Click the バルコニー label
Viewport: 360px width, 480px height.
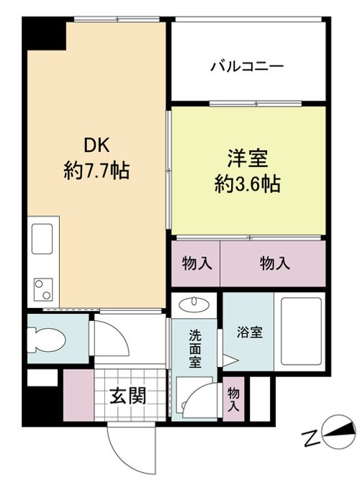247,67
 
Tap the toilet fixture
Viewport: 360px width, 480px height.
44,336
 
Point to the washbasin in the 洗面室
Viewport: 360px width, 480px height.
194,304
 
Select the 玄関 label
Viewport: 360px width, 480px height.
129,395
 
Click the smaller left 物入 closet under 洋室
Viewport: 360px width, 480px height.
195,263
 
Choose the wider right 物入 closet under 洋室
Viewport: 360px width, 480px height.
274,263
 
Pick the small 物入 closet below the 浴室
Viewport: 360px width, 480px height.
233,398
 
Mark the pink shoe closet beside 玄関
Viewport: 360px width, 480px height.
78,395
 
